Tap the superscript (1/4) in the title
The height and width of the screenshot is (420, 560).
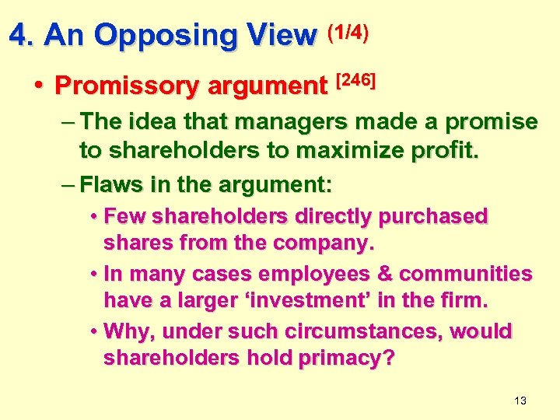click(348, 31)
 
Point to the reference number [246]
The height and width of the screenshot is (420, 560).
click(355, 79)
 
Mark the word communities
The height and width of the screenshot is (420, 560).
click(471, 274)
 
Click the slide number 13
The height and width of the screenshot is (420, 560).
click(520, 401)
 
